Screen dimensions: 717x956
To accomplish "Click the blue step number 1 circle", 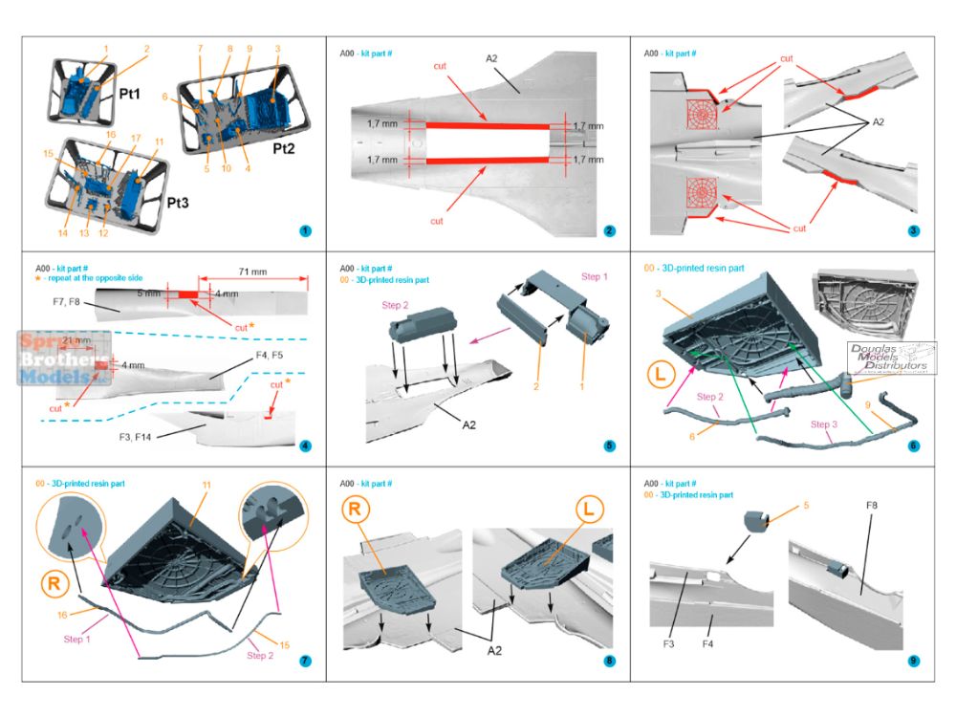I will coord(304,230).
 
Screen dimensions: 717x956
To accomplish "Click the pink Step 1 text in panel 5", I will coord(594,276).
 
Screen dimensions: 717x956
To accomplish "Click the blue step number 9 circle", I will coord(914,661).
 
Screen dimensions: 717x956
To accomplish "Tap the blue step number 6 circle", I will coord(914,445).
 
